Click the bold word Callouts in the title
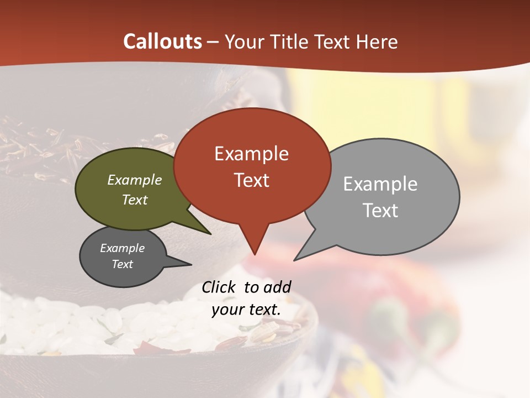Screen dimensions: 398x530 [x=162, y=41]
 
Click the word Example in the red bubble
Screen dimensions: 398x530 [x=251, y=154]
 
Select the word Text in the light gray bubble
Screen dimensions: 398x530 [x=380, y=211]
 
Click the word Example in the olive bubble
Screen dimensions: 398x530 [x=135, y=180]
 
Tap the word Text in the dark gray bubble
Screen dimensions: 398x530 [x=122, y=264]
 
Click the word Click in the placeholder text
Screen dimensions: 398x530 [x=219, y=287]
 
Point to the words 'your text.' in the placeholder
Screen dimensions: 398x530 [x=246, y=310]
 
